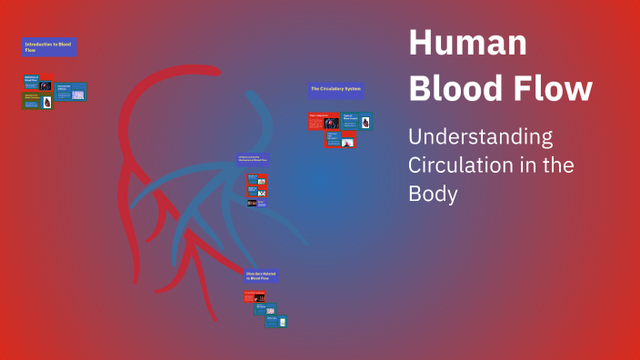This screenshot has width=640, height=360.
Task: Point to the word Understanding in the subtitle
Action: coord(480,138)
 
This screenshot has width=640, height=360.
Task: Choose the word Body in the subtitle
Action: coord(433,195)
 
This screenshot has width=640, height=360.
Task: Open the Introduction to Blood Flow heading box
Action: coord(49,47)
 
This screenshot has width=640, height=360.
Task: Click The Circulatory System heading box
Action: coord(335,90)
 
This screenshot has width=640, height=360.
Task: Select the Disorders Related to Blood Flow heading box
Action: coord(260,275)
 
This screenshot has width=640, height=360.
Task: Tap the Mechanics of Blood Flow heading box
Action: coord(252,159)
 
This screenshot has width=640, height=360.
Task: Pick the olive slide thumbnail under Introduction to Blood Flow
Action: coord(38,101)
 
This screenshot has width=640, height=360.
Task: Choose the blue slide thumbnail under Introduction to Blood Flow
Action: coord(71,92)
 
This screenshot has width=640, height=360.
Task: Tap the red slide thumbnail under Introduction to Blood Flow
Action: coord(37,82)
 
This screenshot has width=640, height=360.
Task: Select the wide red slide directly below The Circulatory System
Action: coord(324,121)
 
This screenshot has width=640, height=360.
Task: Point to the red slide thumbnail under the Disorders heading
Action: coord(254,296)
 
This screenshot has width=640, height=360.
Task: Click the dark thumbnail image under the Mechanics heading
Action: coord(252,203)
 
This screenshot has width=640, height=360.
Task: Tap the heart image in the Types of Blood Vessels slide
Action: coord(365,122)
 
